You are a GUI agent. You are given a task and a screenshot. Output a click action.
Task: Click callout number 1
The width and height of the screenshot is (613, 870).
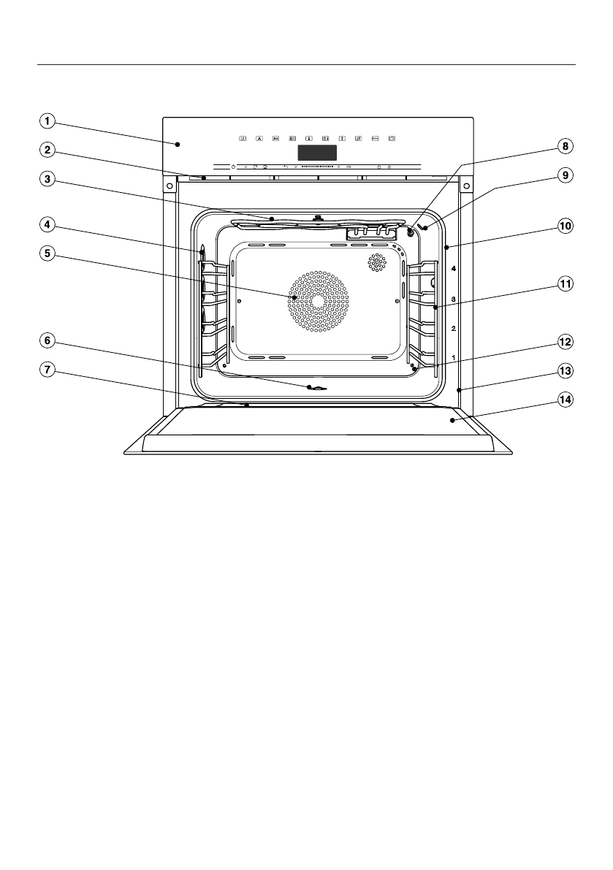point(46,121)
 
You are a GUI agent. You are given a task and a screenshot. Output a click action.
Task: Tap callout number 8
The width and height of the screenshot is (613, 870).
point(564,146)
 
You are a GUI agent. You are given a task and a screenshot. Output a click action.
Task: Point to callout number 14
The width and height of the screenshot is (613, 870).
point(564,400)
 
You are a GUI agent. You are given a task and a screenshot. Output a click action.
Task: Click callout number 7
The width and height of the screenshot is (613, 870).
point(46,370)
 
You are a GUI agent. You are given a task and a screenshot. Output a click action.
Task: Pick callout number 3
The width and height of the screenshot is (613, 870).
point(46,180)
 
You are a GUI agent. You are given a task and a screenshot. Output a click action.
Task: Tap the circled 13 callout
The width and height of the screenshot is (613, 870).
point(564,371)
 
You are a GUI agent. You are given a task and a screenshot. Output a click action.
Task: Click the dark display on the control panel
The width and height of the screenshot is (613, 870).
point(318,153)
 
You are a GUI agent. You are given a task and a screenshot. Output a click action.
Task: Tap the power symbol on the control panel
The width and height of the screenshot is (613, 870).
point(233,167)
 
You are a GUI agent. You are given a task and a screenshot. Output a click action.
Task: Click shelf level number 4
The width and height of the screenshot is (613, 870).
point(454,270)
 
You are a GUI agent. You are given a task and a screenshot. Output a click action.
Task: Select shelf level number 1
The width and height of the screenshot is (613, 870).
point(454,357)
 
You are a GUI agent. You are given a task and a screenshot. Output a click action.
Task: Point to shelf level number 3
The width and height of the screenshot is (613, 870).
point(454,299)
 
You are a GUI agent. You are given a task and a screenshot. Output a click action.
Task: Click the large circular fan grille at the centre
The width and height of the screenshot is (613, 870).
point(317,301)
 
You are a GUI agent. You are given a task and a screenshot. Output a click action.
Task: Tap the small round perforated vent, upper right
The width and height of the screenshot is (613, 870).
point(377,262)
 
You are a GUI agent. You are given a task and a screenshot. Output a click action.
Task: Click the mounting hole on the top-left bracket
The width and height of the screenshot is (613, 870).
point(170,186)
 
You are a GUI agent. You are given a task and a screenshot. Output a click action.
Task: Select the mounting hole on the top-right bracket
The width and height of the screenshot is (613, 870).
point(465,186)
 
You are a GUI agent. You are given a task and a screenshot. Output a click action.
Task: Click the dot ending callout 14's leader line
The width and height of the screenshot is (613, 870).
point(453,420)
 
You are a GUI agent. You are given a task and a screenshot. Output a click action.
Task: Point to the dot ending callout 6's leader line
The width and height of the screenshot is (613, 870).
point(311,388)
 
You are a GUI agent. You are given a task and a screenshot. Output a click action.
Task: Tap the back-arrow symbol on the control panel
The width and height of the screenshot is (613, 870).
point(286,167)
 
